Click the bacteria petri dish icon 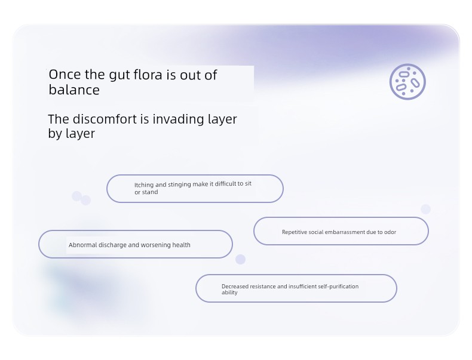[x=407, y=82]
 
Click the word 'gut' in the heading [x=119, y=75]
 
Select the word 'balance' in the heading [x=74, y=90]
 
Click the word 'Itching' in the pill [x=144, y=185]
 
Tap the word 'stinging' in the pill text [x=179, y=184]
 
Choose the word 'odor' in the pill [x=390, y=232]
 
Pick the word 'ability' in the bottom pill [x=229, y=293]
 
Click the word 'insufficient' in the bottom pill [x=302, y=287]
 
